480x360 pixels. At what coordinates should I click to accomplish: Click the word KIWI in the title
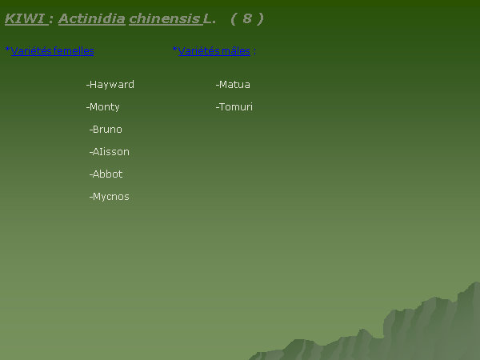tap(26, 18)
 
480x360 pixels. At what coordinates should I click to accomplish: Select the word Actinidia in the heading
tap(91, 18)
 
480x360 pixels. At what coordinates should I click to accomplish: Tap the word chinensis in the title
tap(165, 19)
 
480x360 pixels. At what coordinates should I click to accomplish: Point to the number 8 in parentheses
tap(247, 18)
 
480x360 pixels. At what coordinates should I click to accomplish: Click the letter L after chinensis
tap(207, 19)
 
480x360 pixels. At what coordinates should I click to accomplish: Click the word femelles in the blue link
tap(73, 51)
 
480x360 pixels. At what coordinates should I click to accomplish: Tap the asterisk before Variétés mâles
tap(174, 49)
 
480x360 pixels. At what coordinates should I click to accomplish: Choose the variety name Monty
tap(104, 107)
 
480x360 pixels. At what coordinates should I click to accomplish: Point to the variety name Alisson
tap(110, 152)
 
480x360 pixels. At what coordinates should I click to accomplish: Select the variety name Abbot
tap(107, 174)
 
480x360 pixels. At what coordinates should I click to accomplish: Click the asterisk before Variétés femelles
tap(8, 49)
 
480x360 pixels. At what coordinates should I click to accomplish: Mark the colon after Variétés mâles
tap(254, 52)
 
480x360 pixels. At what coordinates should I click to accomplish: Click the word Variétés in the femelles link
tap(31, 51)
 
